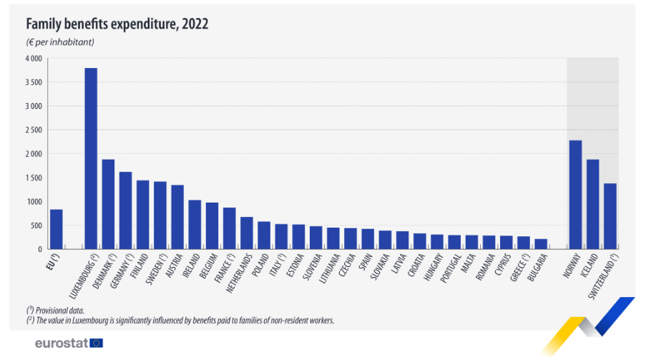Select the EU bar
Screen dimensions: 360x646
56,229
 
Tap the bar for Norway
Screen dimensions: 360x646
575,195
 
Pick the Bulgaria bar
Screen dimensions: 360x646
541,244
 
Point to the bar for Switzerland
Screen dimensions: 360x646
610,216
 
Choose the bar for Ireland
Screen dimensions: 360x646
195,225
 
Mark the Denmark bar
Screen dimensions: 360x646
108,204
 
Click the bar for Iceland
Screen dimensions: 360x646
593,204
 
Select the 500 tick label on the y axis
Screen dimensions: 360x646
35,225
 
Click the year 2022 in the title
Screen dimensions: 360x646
195,24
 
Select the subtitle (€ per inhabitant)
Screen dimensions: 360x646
61,42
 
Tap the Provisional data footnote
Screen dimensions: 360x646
57,309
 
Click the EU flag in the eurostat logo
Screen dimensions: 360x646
96,343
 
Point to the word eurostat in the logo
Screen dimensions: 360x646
62,343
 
